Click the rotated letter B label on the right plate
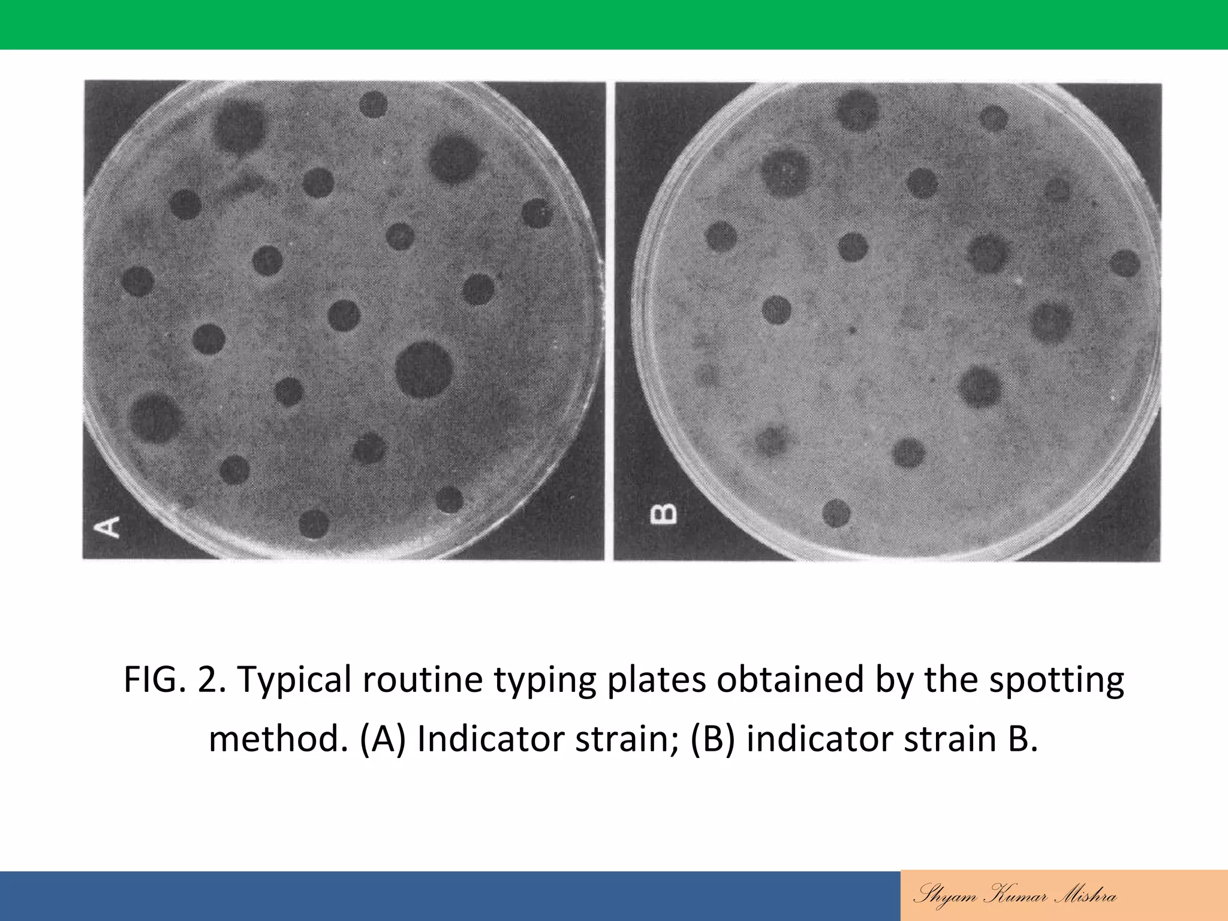[663, 514]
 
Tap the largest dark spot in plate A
[424, 369]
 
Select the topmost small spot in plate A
[373, 104]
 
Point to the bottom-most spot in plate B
[836, 513]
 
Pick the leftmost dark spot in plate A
[138, 281]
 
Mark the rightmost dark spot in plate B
[1124, 264]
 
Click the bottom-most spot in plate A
[314, 525]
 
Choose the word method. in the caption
[278, 739]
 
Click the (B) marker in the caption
[712, 739]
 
